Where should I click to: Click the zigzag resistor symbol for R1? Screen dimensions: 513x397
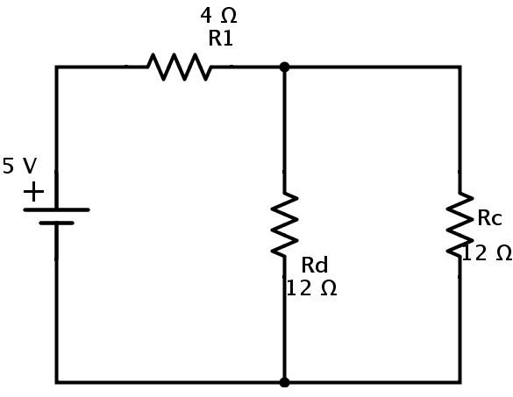click(x=180, y=67)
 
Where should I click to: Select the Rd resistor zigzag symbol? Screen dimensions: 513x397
click(x=284, y=224)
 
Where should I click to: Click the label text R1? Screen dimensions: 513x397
click(x=220, y=39)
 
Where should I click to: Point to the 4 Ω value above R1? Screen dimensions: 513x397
click(x=218, y=16)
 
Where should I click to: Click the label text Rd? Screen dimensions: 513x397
click(x=314, y=265)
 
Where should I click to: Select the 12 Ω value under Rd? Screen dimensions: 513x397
click(x=311, y=288)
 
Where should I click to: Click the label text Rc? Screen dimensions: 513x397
click(x=489, y=218)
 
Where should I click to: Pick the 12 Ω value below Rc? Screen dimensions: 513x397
click(x=487, y=253)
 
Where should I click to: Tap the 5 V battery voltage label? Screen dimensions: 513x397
click(x=19, y=166)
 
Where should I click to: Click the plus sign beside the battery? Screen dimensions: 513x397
click(x=33, y=192)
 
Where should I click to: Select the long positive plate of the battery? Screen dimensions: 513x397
click(x=57, y=210)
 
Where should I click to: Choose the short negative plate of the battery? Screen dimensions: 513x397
click(x=57, y=223)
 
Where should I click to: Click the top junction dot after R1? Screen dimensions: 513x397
click(x=285, y=67)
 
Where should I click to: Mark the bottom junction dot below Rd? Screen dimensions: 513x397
click(x=285, y=382)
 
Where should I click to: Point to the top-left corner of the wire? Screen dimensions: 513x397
click(x=57, y=67)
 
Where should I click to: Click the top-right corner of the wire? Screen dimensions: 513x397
click(x=460, y=67)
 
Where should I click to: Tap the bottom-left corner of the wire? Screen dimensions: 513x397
click(x=57, y=382)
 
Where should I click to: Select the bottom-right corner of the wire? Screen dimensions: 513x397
click(x=460, y=382)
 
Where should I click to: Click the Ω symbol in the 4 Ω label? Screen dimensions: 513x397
click(x=229, y=16)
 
